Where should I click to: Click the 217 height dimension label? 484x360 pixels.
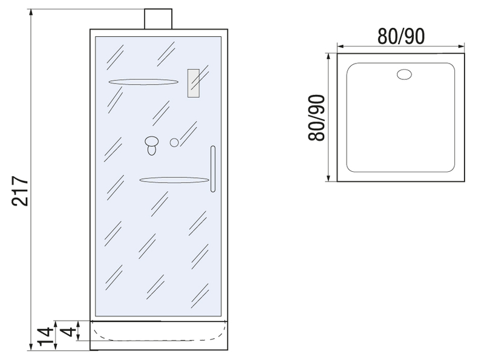pyautogui.click(x=20, y=191)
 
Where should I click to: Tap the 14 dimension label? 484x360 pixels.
pyautogui.click(x=45, y=337)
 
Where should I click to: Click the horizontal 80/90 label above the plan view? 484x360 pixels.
pyautogui.click(x=401, y=36)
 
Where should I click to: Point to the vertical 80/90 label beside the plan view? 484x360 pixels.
pyautogui.click(x=316, y=117)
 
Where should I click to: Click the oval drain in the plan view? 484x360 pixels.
pyautogui.click(x=404, y=74)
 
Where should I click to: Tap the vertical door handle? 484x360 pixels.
pyautogui.click(x=213, y=169)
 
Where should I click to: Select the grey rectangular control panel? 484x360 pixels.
pyautogui.click(x=193, y=83)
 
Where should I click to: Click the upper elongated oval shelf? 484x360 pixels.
pyautogui.click(x=143, y=82)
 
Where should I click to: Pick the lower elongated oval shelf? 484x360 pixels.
pyautogui.click(x=174, y=180)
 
